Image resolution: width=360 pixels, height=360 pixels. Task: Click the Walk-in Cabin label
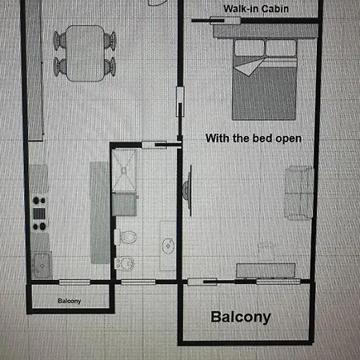(256, 9)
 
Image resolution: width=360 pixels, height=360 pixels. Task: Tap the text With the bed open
(254, 138)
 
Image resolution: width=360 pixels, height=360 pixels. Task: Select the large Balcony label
(241, 318)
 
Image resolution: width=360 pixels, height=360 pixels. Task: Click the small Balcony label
(70, 301)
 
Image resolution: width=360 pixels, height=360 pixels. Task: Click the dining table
(85, 53)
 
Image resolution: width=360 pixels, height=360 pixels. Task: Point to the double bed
(264, 79)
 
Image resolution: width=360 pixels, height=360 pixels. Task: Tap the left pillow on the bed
(250, 48)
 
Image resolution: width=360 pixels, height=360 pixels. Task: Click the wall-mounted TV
(187, 190)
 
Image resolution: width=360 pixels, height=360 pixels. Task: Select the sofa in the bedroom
(299, 193)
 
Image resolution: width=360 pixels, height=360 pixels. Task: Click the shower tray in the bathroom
(124, 170)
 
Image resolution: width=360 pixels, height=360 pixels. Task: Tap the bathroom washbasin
(168, 246)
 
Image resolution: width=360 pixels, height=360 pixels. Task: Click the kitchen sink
(42, 265)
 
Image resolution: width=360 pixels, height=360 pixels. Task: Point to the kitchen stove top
(39, 214)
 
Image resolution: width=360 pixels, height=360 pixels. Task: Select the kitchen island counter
(100, 213)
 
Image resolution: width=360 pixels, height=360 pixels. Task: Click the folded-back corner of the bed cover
(250, 66)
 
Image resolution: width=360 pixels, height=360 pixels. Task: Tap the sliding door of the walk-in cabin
(226, 21)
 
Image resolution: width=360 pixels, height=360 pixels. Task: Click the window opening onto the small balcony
(74, 282)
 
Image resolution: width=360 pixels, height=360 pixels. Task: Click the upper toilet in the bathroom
(126, 237)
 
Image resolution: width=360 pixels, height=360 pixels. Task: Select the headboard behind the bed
(266, 31)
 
